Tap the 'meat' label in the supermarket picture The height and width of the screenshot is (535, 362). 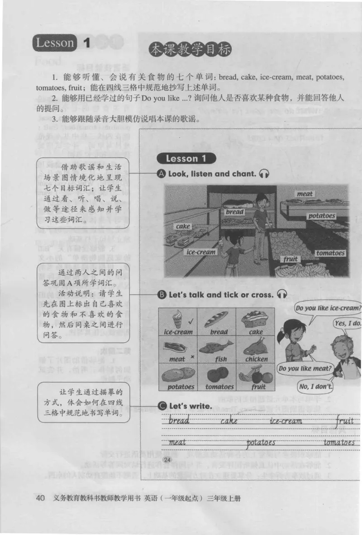305,194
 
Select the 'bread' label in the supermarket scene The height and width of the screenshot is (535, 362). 234,212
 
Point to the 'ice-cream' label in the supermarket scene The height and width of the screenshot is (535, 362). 201,252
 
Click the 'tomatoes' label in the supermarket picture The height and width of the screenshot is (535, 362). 330,253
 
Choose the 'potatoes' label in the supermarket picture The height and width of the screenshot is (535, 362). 322,216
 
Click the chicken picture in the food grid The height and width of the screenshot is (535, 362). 255,347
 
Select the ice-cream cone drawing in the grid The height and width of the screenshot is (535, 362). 176,318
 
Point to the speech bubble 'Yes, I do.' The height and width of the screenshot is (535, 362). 347,323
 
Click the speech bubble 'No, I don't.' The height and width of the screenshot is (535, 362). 315,386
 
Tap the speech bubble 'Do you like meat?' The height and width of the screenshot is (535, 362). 305,368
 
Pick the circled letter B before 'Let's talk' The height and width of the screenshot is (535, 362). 162,294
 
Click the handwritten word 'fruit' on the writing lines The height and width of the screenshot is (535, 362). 345,421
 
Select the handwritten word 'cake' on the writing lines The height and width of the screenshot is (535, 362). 229,421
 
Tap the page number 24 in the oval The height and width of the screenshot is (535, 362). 167,460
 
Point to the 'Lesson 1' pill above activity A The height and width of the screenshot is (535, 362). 186,159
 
